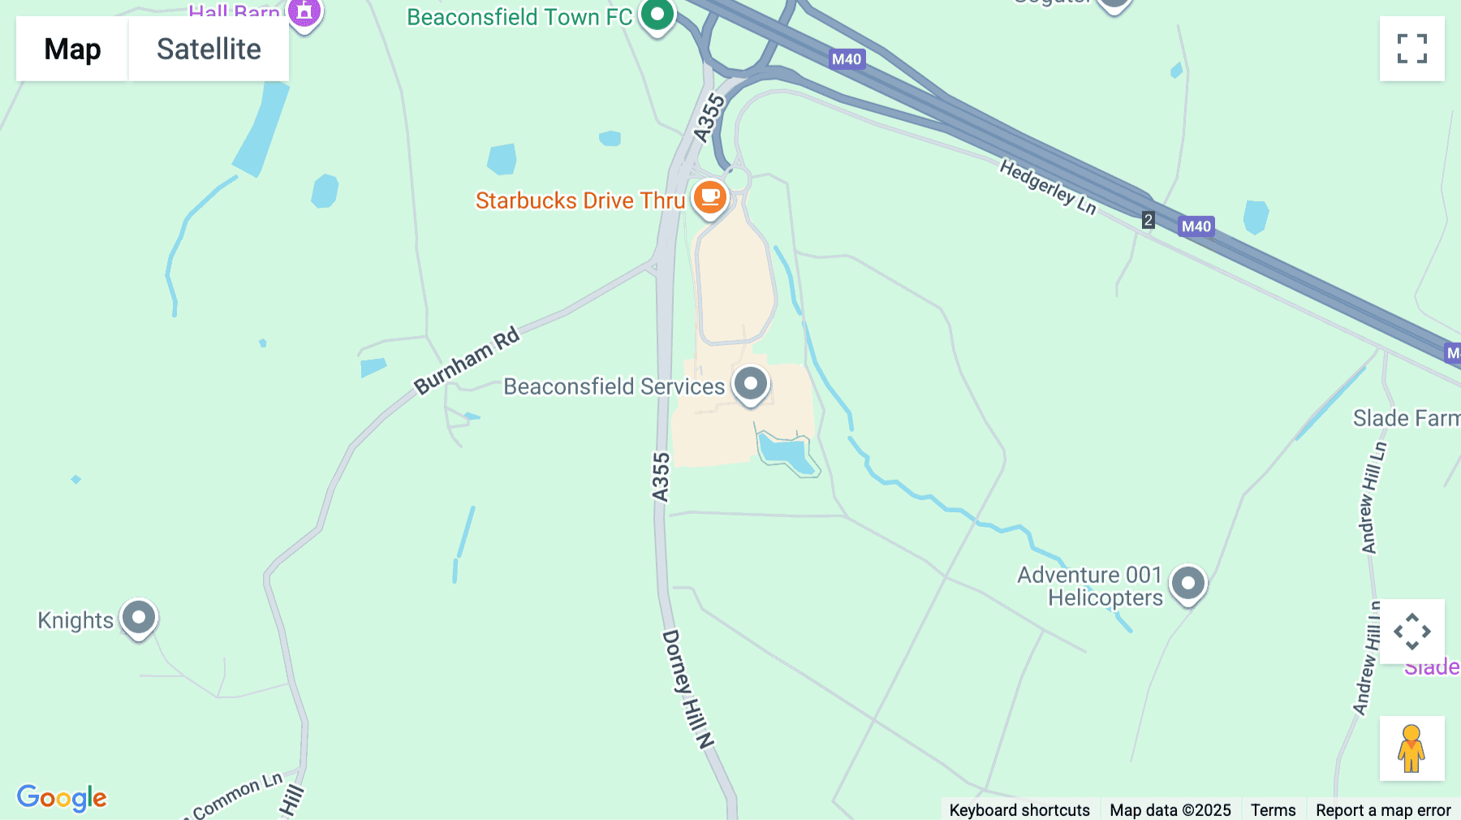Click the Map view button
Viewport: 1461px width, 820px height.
(x=72, y=50)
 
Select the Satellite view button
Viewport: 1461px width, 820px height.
(x=209, y=50)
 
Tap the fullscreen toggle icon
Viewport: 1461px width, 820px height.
(x=1411, y=49)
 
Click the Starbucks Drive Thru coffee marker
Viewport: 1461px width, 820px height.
(x=710, y=197)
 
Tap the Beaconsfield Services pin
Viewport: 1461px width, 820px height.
(x=751, y=384)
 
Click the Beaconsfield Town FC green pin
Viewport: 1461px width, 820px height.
(x=657, y=15)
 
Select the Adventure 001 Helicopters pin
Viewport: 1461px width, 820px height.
(x=1188, y=584)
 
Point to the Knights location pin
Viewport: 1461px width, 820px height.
(x=139, y=619)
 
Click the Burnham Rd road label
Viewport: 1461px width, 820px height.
(x=467, y=360)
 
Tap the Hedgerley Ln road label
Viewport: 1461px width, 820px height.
(x=1048, y=188)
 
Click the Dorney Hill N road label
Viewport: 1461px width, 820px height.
(x=688, y=688)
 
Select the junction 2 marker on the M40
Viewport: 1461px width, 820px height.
(x=1148, y=220)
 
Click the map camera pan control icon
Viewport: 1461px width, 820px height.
(x=1411, y=632)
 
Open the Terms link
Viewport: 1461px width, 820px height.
(x=1273, y=809)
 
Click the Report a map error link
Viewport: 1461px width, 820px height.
(x=1383, y=809)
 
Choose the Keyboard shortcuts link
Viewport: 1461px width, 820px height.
(x=1019, y=809)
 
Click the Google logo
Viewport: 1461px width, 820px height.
(x=62, y=797)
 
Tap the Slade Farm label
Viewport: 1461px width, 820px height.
(x=1405, y=418)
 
